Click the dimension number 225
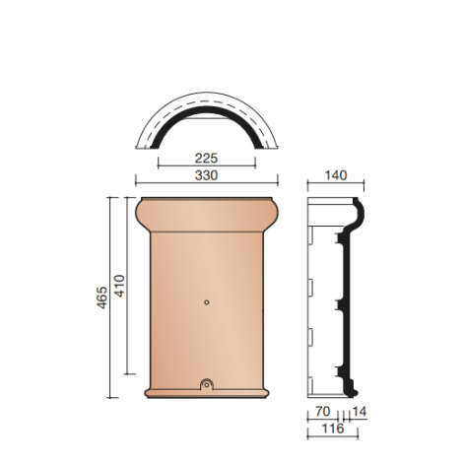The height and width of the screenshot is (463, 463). [205, 156]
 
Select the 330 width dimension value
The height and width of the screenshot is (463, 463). [205, 174]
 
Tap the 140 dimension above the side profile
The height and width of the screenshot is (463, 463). [336, 175]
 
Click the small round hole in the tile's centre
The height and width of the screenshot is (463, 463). [206, 302]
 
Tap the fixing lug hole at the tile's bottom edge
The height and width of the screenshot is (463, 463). [206, 385]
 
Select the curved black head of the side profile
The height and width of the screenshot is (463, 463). [359, 212]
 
